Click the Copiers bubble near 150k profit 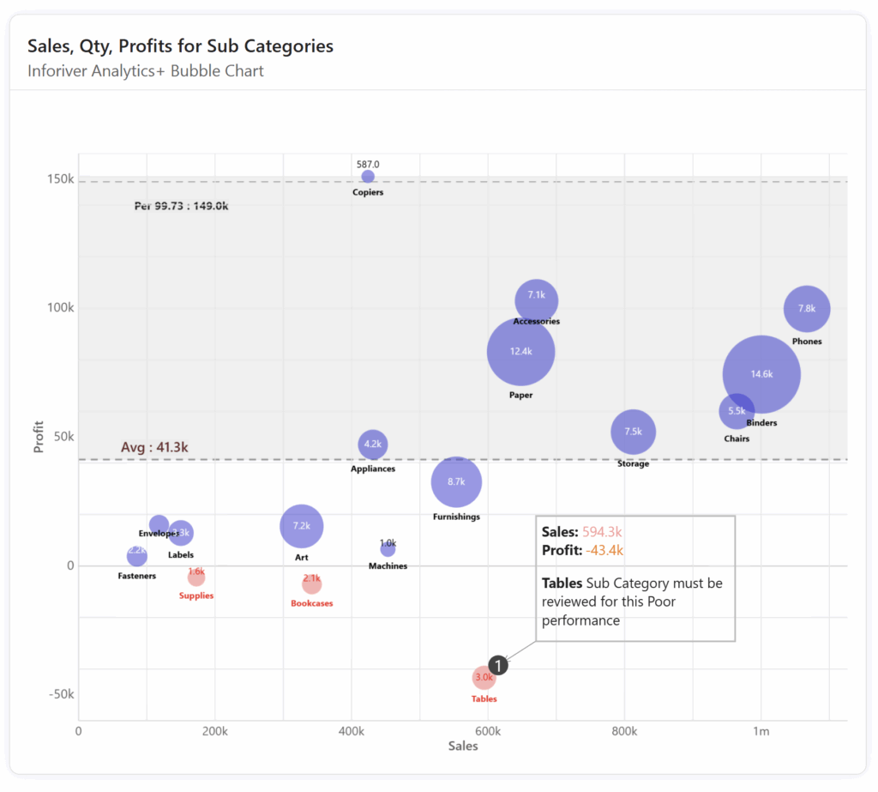click(368, 177)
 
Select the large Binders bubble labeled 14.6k click(761, 374)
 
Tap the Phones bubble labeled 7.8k click(807, 309)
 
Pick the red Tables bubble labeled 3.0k click(484, 678)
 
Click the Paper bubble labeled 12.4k click(520, 352)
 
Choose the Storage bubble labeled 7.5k click(633, 432)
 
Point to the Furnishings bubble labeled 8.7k click(456, 482)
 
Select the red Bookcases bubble click(311, 583)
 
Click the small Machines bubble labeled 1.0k click(388, 548)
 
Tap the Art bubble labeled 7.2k click(301, 526)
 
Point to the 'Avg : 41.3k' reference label click(154, 447)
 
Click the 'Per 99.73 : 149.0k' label click(182, 206)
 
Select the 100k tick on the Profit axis click(60, 308)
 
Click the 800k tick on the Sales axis click(624, 731)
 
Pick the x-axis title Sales click(463, 747)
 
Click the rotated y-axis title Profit click(39, 436)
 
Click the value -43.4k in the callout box click(604, 551)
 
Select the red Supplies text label click(196, 596)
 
